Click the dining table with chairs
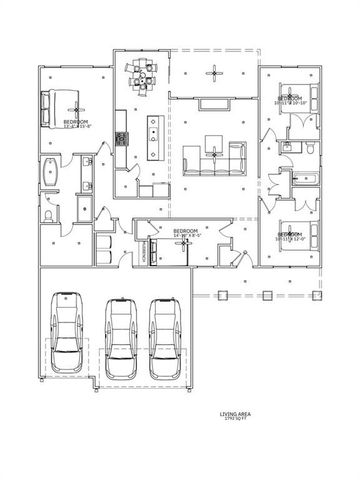point(142,75)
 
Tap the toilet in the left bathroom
point(50,214)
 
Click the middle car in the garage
point(118,331)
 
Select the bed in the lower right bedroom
point(297,235)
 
